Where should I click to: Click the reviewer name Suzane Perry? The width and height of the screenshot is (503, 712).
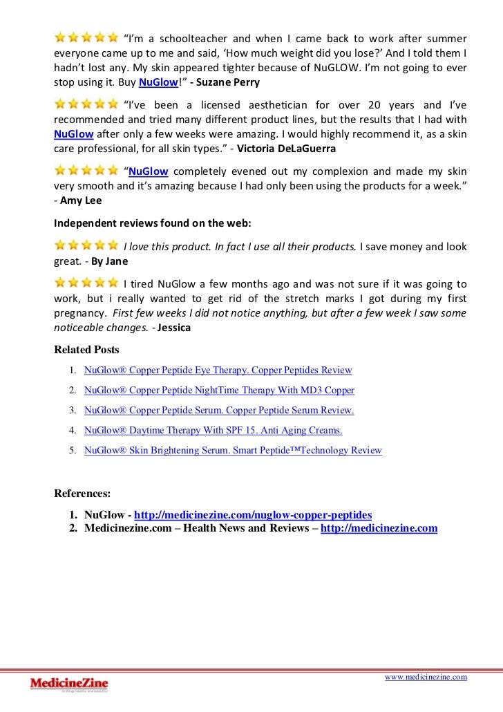tap(232, 82)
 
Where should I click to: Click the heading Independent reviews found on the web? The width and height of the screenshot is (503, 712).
tap(153, 223)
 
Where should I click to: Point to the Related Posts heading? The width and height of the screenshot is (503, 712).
tap(86, 350)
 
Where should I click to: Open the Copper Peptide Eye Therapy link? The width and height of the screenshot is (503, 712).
tap(218, 371)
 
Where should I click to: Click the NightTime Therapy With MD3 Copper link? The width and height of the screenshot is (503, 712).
tap(219, 391)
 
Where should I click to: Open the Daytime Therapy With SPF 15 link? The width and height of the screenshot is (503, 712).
tap(213, 431)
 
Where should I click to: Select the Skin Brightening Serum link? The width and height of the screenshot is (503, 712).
tap(233, 451)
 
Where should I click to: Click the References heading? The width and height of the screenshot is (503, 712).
tap(82, 494)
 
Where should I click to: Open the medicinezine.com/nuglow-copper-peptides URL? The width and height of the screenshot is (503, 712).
tap(253, 515)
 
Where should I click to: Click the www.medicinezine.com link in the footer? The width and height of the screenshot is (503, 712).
tap(426, 677)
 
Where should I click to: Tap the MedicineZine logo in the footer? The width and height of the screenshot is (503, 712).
tap(69, 684)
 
